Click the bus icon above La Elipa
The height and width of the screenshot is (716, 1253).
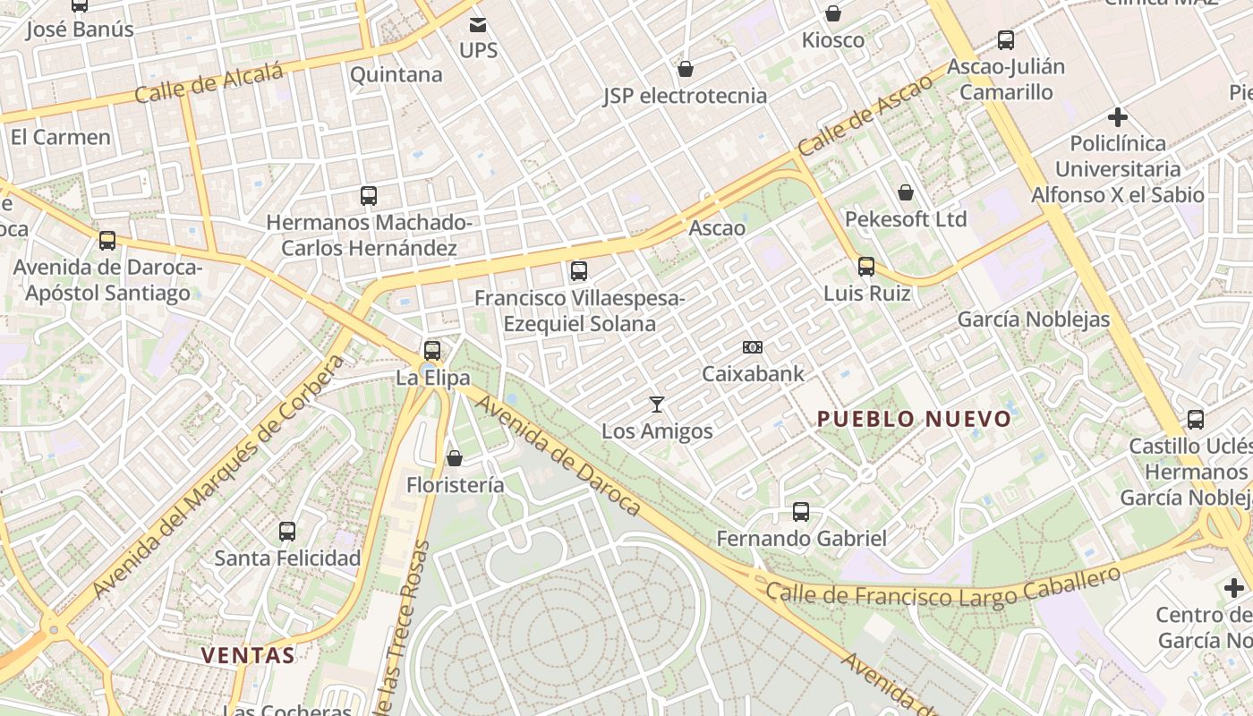pos(432,350)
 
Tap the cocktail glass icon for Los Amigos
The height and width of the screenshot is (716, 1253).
pos(657,405)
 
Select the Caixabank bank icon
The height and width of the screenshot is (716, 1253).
pos(753,347)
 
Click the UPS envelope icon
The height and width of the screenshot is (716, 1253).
pos(479,24)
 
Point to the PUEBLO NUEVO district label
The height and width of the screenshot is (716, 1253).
pos(914,419)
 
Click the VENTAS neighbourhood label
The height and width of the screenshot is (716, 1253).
pos(248,655)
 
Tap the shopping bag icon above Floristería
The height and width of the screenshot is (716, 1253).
pos(455,458)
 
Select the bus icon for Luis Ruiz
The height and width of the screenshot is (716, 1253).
pos(865,266)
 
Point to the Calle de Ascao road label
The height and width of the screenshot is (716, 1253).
pos(865,115)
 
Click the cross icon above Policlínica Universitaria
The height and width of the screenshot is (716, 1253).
pos(1117,116)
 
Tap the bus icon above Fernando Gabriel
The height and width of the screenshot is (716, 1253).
pos(801,512)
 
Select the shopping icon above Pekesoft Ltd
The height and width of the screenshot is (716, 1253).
pos(906,192)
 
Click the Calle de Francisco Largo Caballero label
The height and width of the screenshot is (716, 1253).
pos(943,591)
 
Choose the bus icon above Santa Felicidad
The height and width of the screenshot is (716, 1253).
pos(287,532)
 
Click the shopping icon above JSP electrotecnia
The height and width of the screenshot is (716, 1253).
pos(686,69)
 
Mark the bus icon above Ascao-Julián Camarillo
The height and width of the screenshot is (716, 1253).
pos(1006,40)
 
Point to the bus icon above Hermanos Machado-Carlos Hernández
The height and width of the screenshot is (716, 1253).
pos(369,195)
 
